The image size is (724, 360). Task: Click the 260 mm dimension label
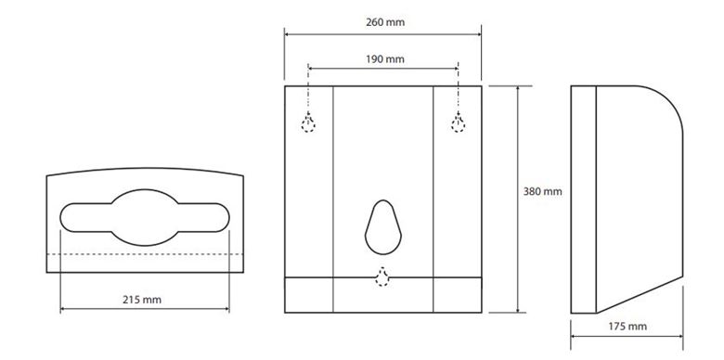click(385, 22)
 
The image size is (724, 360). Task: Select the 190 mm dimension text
click(385, 59)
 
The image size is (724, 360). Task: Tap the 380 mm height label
click(543, 191)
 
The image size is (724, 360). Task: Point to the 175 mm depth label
click(627, 327)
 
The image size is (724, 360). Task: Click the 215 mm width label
click(142, 300)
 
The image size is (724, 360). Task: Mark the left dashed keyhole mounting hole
click(308, 122)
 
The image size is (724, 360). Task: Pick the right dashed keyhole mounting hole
click(458, 122)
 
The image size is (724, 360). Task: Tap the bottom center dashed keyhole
click(381, 276)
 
